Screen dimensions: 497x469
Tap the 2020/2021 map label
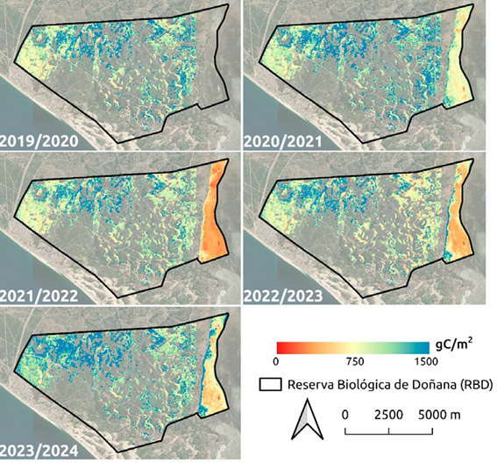(x=280, y=140)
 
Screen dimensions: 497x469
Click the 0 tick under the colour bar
(x=276, y=361)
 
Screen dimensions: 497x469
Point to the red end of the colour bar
(x=280, y=345)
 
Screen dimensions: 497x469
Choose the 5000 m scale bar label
(x=434, y=412)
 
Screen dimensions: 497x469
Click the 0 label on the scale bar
(x=345, y=412)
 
